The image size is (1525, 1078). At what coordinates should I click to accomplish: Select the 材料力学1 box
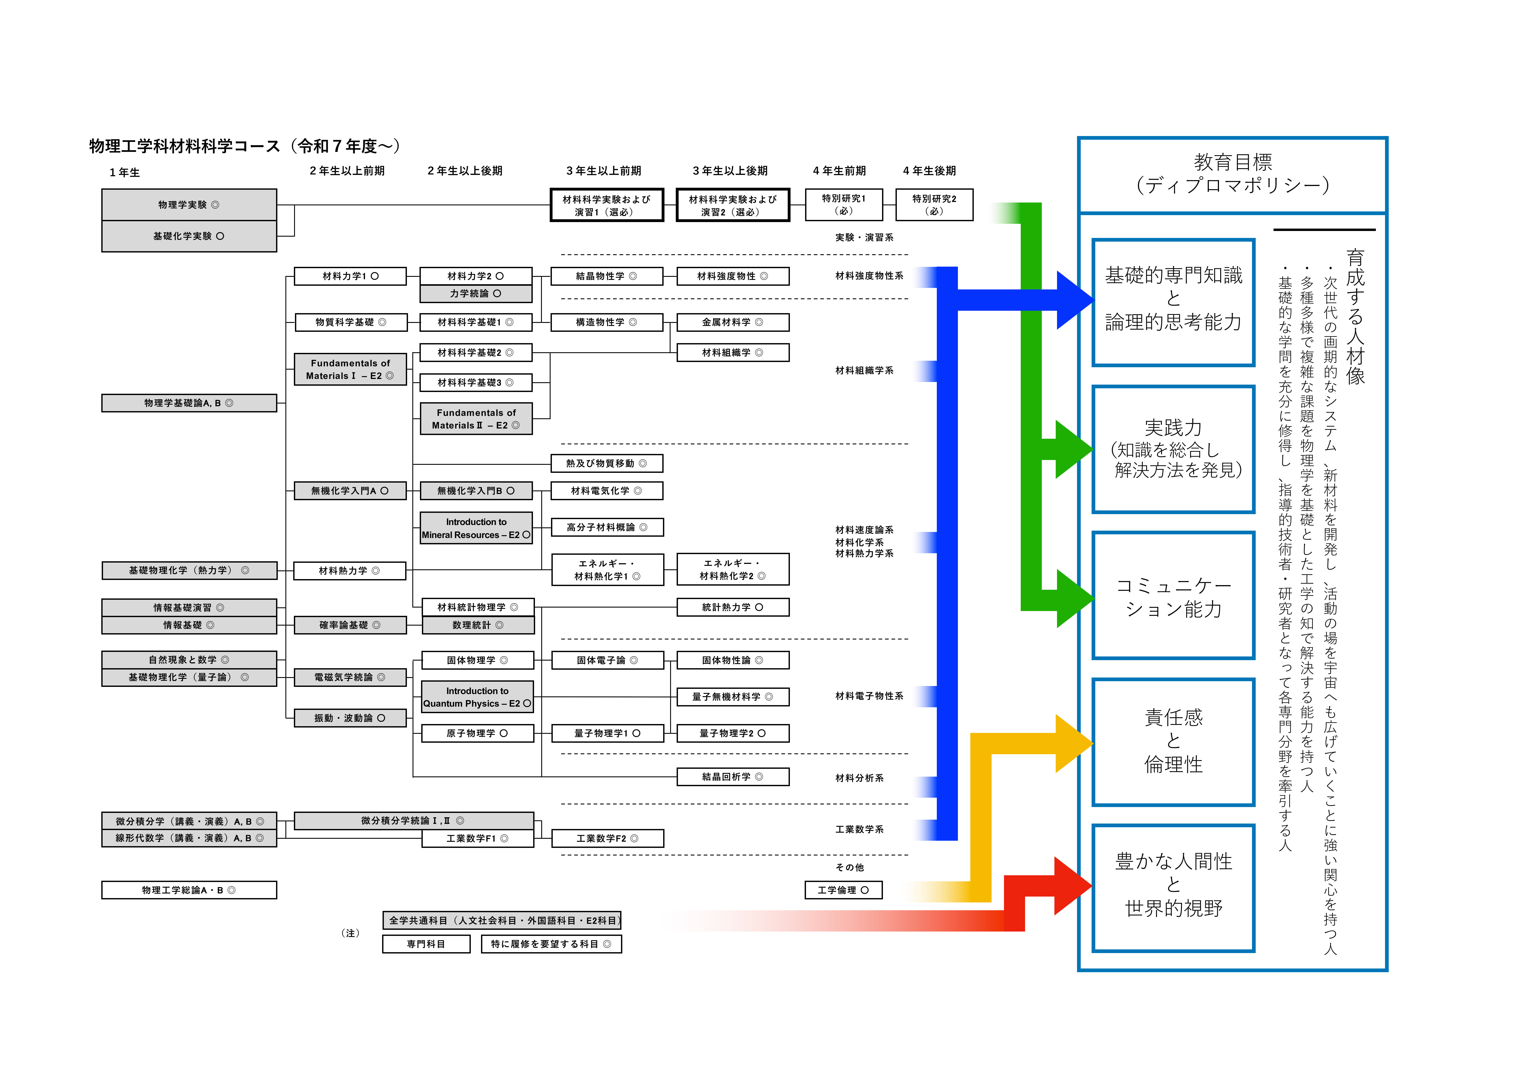[350, 276]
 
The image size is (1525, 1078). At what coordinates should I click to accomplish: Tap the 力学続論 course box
[476, 294]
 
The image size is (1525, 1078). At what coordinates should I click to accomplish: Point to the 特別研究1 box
[844, 204]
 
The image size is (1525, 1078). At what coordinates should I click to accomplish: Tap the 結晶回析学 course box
[733, 777]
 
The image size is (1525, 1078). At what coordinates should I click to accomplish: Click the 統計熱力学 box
[733, 607]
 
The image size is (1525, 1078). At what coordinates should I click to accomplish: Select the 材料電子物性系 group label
[869, 696]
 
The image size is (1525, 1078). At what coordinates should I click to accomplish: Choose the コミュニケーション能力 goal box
[1173, 596]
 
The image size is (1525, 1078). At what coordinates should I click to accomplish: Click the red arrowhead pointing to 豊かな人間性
[1071, 885]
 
